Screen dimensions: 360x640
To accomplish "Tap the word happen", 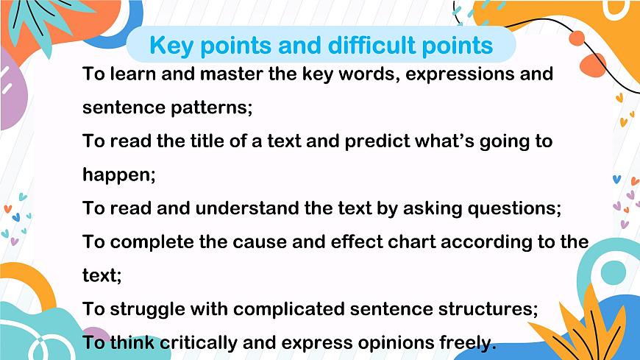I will pyautogui.click(x=116, y=174).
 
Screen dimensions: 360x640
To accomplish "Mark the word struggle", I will pyautogui.click(x=146, y=308).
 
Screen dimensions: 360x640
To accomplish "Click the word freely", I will pyautogui.click(x=469, y=342).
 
